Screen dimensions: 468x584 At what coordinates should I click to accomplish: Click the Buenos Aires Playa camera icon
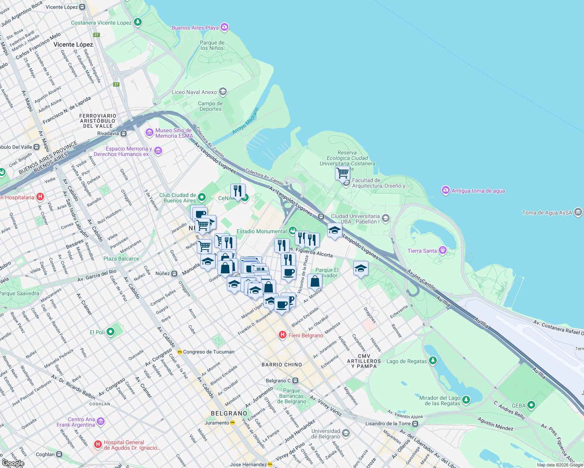pyautogui.click(x=224, y=27)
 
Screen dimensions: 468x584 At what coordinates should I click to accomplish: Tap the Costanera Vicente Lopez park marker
pyautogui.click(x=137, y=22)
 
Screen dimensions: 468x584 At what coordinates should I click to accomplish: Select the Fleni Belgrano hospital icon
pyautogui.click(x=283, y=335)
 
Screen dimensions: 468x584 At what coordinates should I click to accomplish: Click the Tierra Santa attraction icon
pyautogui.click(x=442, y=250)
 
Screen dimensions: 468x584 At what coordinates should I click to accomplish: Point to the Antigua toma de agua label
pyautogui.click(x=478, y=191)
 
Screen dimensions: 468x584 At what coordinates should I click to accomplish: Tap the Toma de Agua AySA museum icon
pyautogui.click(x=578, y=213)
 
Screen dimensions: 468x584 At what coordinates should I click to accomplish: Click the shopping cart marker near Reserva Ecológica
pyautogui.click(x=342, y=173)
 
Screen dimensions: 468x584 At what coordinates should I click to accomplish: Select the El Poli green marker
pyautogui.click(x=110, y=332)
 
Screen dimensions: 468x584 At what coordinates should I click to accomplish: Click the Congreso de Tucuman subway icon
pyautogui.click(x=180, y=352)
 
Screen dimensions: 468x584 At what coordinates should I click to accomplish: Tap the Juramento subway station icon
pyautogui.click(x=233, y=423)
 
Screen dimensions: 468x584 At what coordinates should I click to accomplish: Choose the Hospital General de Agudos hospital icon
pyautogui.click(x=98, y=444)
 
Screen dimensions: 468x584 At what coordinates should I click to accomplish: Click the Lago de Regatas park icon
pyautogui.click(x=433, y=361)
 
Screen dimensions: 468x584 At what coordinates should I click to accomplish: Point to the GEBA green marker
pyautogui.click(x=531, y=405)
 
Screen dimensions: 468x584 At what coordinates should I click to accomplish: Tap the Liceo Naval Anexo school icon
pyautogui.click(x=223, y=92)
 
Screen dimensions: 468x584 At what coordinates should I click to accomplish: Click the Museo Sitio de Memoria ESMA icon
pyautogui.click(x=149, y=133)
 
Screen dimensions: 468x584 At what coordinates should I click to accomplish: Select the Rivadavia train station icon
pyautogui.click(x=123, y=133)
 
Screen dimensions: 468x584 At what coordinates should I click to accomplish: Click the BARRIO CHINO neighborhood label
pyautogui.click(x=281, y=365)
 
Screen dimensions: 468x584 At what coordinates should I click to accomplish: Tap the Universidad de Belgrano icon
pyautogui.click(x=346, y=433)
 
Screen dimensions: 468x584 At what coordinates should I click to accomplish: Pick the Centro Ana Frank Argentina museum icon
pyautogui.click(x=101, y=422)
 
